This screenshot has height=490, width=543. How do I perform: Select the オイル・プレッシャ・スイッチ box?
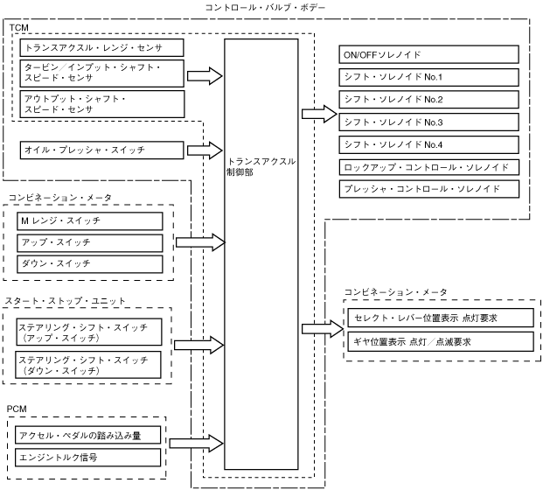(x=101, y=150)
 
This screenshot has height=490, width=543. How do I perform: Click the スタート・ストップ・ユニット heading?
(x=65, y=301)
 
